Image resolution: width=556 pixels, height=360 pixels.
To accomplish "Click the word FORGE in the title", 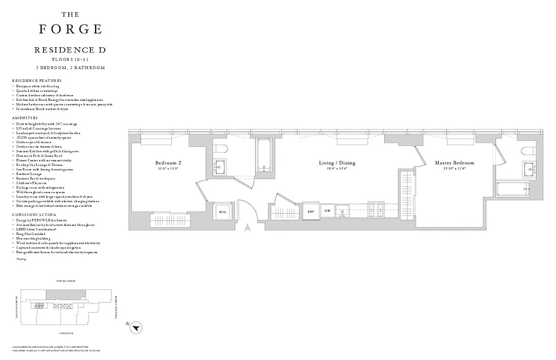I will pyautogui.click(x=71, y=29).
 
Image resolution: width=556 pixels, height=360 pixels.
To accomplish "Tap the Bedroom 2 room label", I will pyautogui.click(x=168, y=163).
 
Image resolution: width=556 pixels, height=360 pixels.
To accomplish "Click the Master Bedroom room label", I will pyautogui.click(x=454, y=163).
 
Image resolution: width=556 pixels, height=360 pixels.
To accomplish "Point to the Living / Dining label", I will pyautogui.click(x=338, y=163).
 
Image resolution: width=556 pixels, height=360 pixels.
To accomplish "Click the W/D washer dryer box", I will pyautogui.click(x=222, y=211).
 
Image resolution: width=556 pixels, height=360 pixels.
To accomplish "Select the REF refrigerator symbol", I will pyautogui.click(x=310, y=211).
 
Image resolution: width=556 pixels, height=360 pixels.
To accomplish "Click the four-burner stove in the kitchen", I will pyautogui.click(x=375, y=208).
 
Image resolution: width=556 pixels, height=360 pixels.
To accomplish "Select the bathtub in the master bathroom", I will pyautogui.click(x=513, y=189).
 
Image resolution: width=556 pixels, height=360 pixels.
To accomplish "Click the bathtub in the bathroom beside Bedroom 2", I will pyautogui.click(x=264, y=155).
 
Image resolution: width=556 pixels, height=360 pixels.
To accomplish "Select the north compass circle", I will pyautogui.click(x=136, y=328).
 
